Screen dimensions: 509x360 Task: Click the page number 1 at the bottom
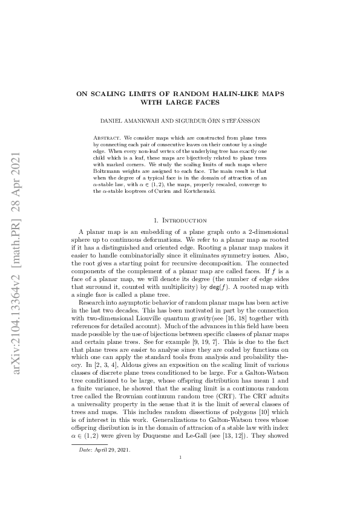point(180,475)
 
